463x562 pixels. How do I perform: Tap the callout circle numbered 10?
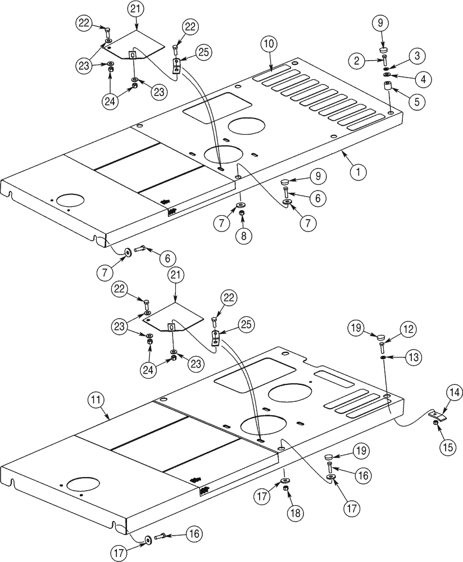coord(267,44)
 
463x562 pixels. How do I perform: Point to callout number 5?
coord(416,102)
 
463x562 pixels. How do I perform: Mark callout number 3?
coord(417,56)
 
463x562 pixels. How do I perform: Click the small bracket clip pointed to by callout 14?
coord(438,416)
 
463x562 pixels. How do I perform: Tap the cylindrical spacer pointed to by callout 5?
coord(387,88)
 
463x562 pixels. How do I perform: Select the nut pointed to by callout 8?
coord(242,214)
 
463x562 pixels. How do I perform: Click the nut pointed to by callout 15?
coord(436,423)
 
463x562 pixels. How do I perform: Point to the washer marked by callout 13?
coord(382,356)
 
